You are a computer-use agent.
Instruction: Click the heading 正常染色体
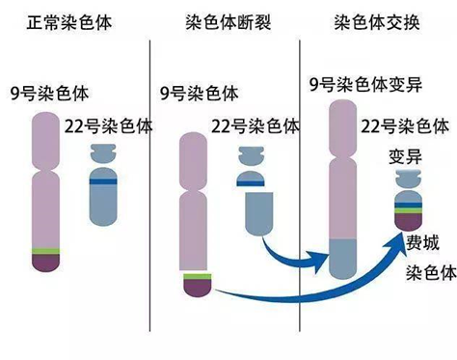click(x=69, y=22)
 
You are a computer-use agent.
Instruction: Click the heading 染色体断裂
click(x=228, y=22)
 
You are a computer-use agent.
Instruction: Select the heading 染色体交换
click(x=377, y=22)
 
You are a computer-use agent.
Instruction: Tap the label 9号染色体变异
click(x=365, y=84)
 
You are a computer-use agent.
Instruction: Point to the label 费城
click(x=422, y=243)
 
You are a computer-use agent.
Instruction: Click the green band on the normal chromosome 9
click(x=45, y=251)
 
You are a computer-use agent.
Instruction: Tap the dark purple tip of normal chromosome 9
click(x=45, y=263)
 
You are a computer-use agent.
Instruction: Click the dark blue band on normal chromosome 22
click(x=103, y=181)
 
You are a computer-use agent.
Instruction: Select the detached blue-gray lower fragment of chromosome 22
click(x=259, y=213)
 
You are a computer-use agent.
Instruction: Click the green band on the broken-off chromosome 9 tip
click(x=198, y=276)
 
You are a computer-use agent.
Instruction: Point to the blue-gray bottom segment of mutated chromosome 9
click(x=343, y=259)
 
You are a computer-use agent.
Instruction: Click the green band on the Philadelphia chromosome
click(x=408, y=210)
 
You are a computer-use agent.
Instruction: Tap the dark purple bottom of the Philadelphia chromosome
click(x=408, y=222)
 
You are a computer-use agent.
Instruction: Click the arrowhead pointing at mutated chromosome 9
click(x=320, y=260)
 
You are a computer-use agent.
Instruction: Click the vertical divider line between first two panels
click(x=149, y=185)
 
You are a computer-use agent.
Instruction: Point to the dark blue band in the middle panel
click(x=251, y=183)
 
